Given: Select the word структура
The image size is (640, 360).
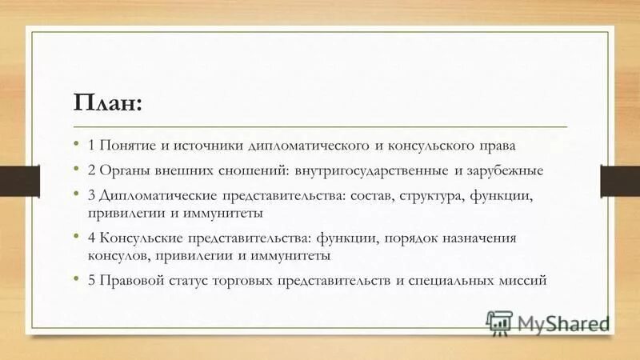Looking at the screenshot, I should pyautogui.click(x=442, y=195).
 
